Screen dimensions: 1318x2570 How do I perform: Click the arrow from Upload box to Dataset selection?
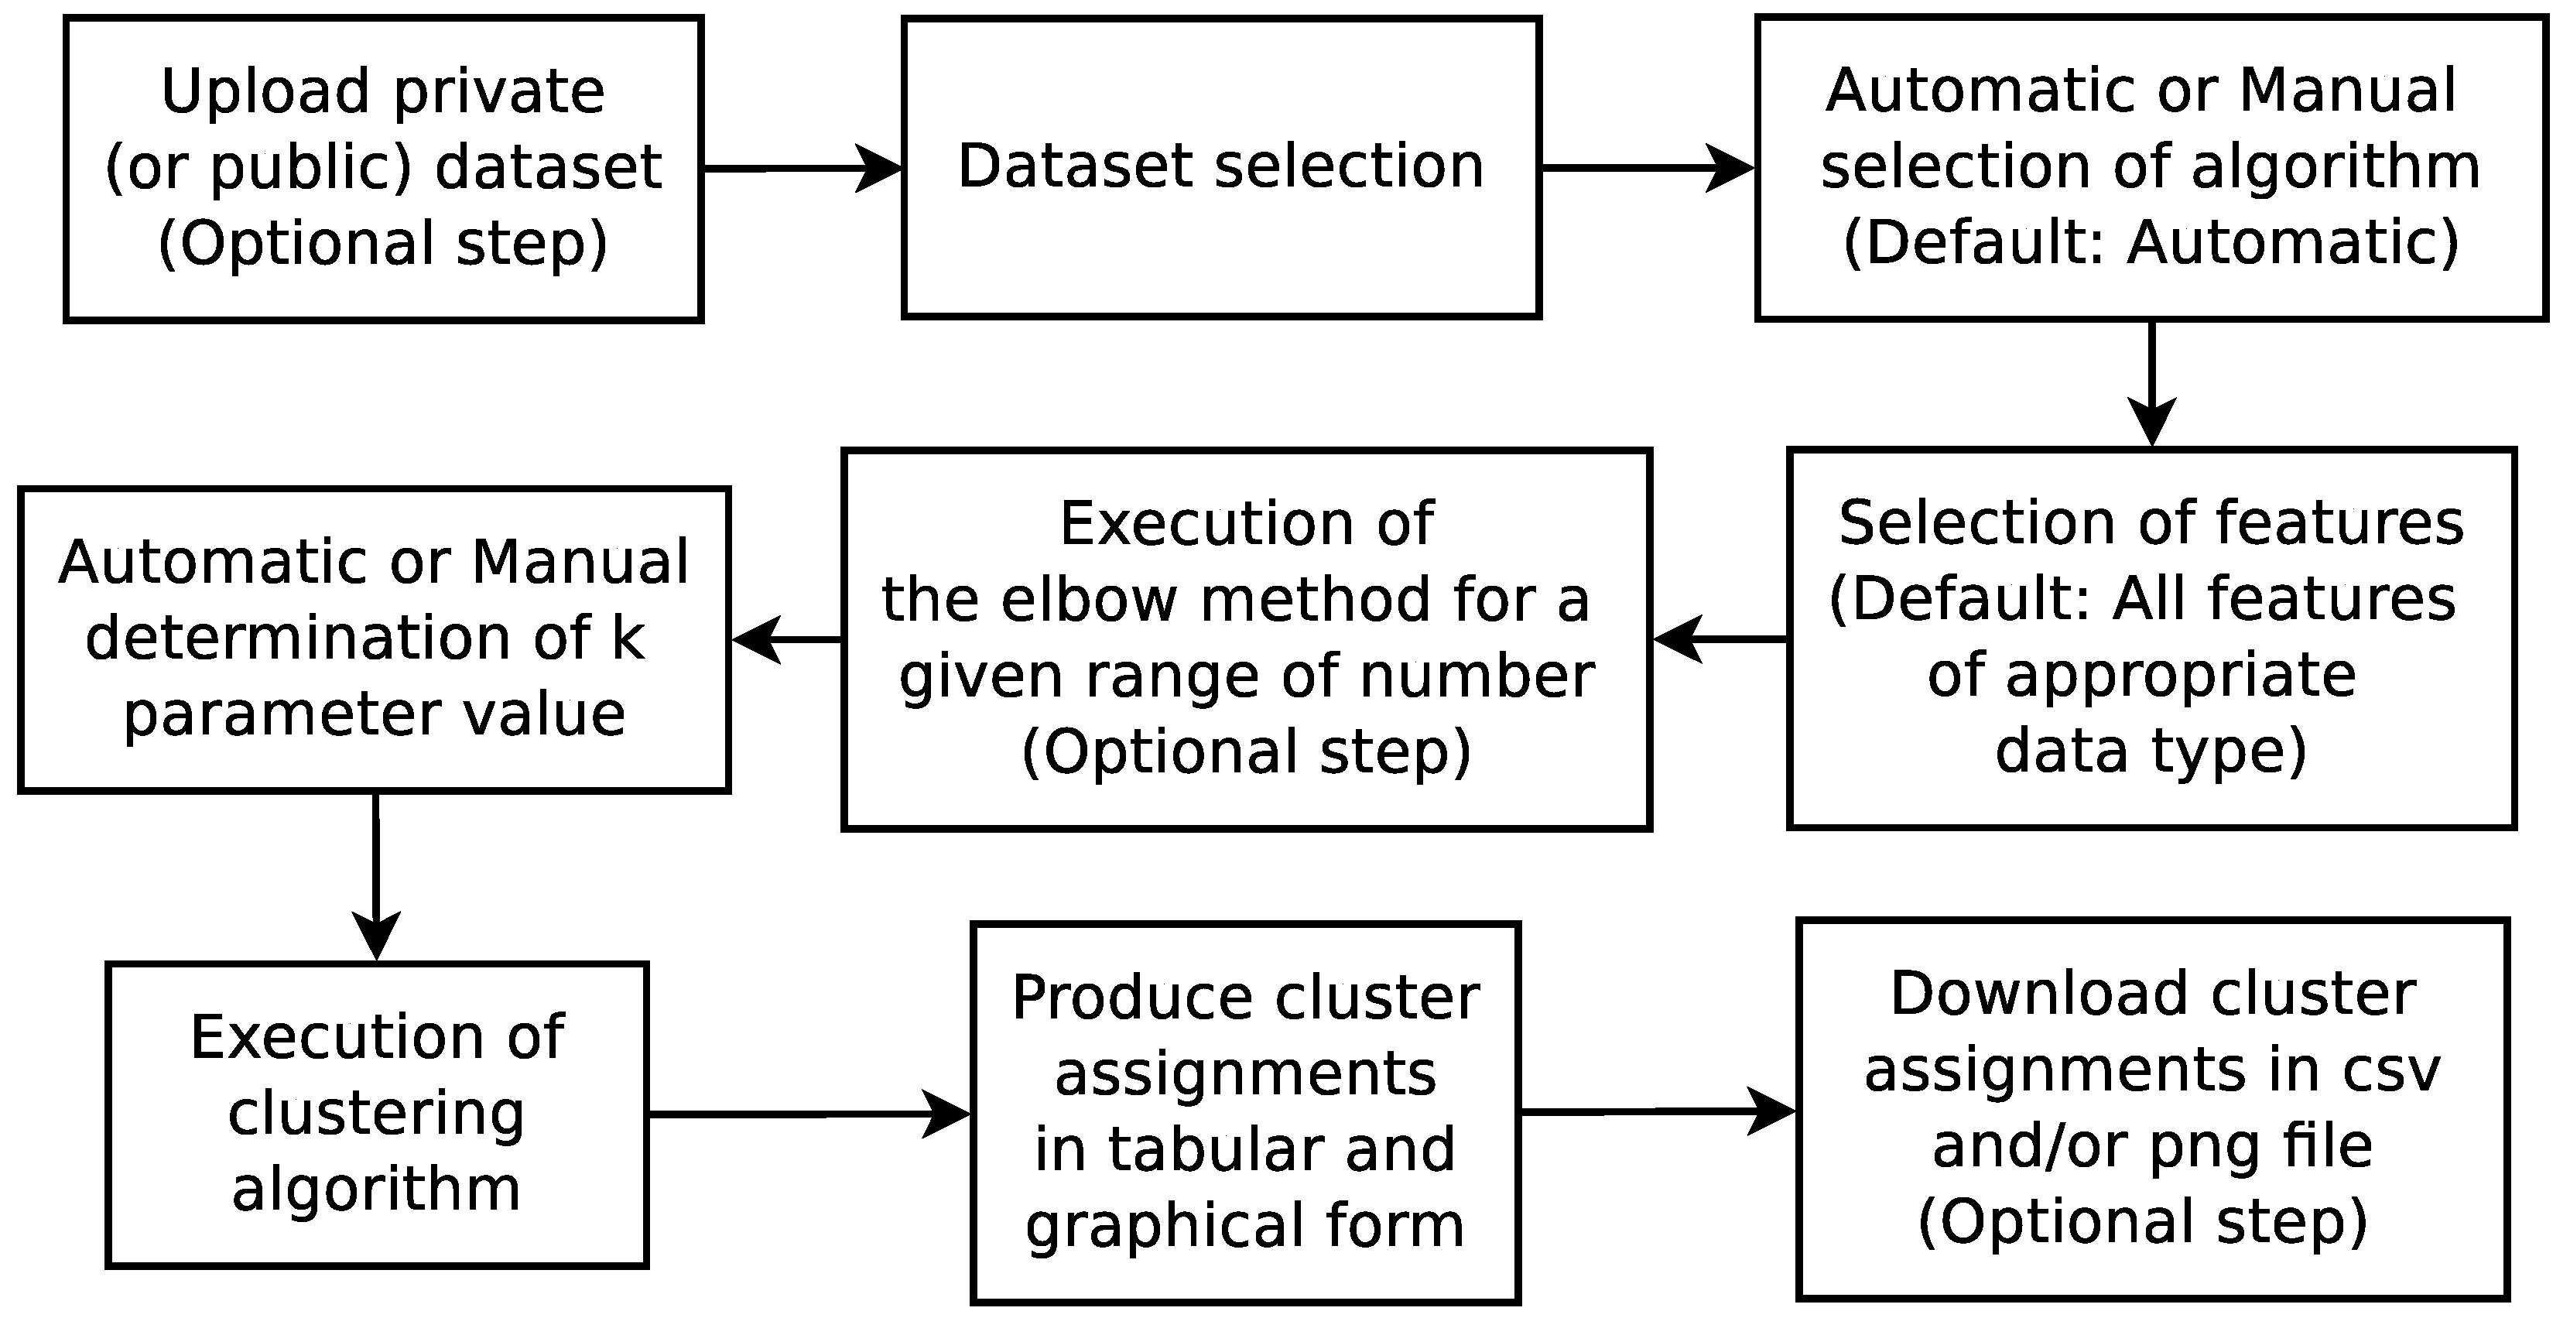pos(802,168)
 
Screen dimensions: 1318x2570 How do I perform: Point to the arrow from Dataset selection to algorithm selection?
pos(1647,168)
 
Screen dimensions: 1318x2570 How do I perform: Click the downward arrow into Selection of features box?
pos(2151,384)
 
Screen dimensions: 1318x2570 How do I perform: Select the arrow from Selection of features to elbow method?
pos(1719,638)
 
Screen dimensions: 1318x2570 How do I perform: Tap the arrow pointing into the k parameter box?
pos(786,639)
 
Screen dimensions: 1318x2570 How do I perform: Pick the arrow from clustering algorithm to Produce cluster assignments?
pos(808,1114)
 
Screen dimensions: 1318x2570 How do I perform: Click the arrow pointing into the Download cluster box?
pos(1657,1111)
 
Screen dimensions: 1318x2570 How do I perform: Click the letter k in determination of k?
pos(628,638)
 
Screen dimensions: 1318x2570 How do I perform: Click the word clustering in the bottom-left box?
pos(376,1114)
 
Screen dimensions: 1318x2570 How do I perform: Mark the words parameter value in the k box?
pos(374,714)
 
